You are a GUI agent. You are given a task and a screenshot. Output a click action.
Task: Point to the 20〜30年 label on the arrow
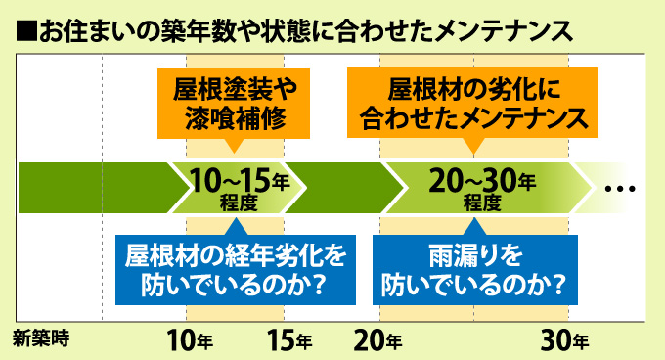tap(482, 181)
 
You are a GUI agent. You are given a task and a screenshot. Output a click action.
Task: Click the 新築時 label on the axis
tap(41, 340)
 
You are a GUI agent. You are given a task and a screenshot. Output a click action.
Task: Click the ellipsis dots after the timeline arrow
tap(620, 188)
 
